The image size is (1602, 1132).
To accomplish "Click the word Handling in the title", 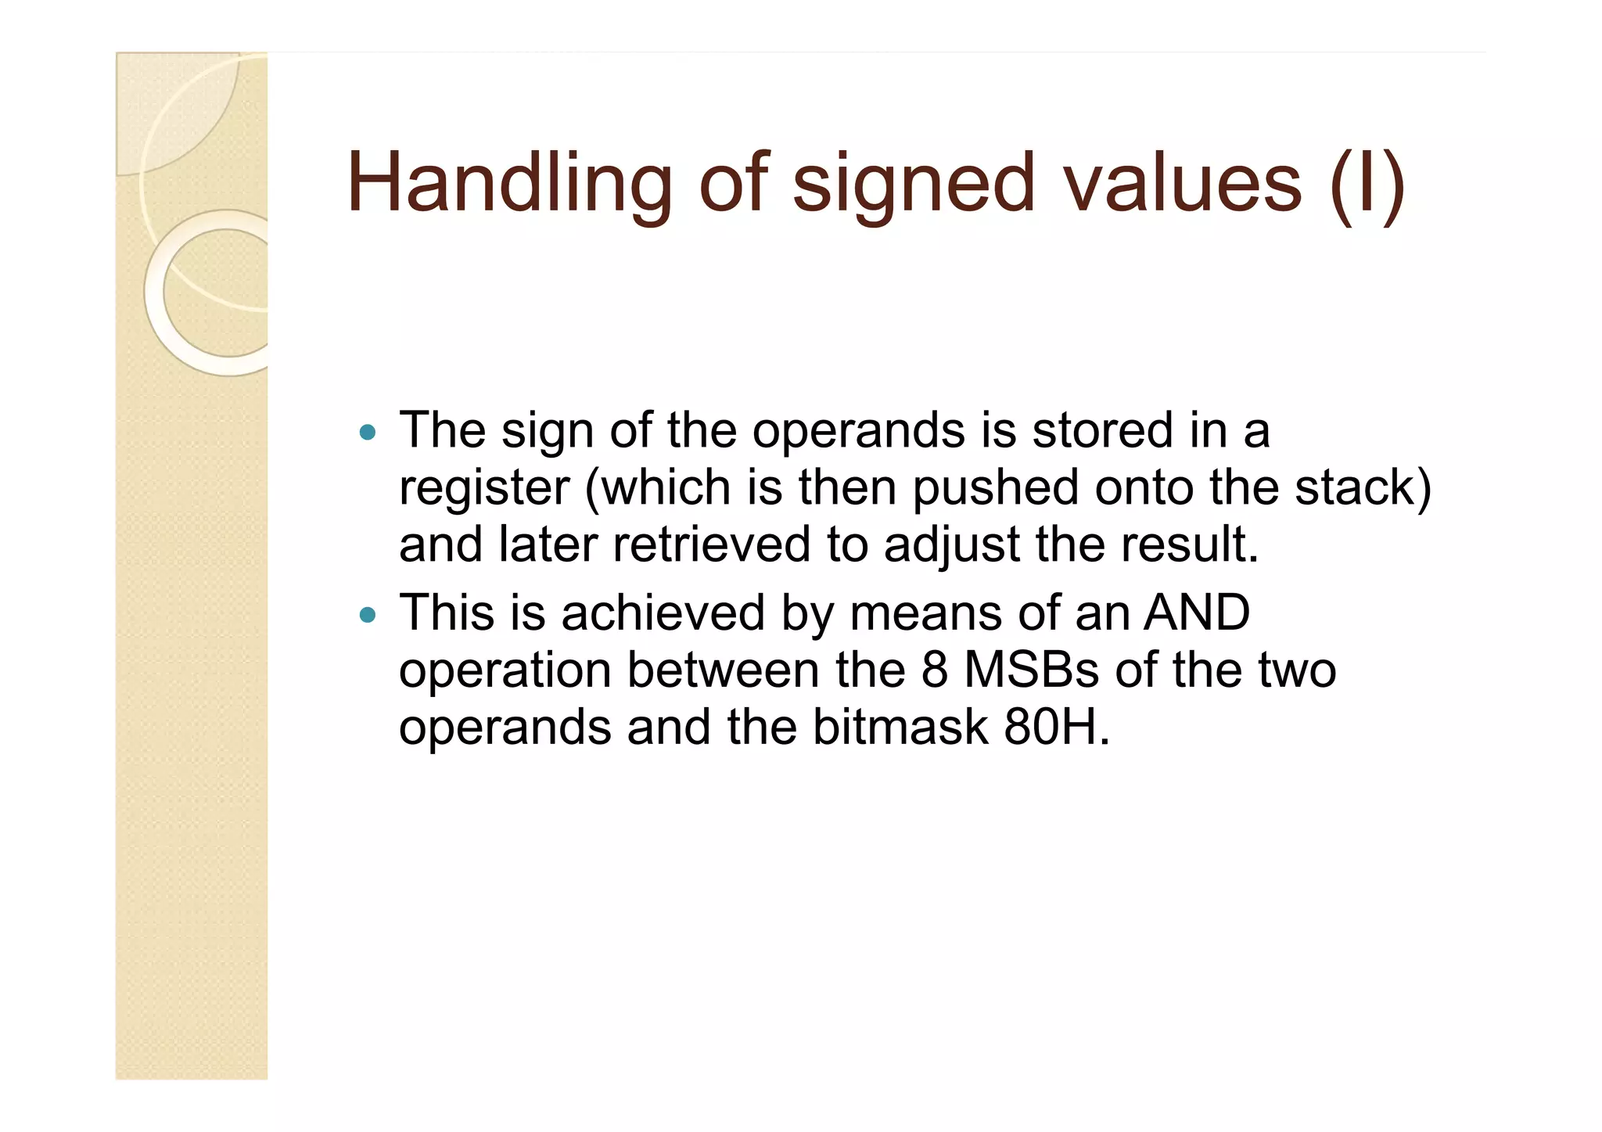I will tap(509, 184).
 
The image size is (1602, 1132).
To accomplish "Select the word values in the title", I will tap(1182, 184).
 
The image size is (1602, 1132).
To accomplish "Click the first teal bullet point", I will tap(367, 432).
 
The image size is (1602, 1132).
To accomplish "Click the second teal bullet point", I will tap(367, 615).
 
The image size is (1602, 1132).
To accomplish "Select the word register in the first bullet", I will tap(484, 488).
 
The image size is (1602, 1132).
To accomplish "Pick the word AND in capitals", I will tap(1197, 613).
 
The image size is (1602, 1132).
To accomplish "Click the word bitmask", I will tap(900, 727).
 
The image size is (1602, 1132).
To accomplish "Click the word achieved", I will tap(663, 613).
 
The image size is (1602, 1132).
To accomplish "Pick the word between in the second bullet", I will tap(723, 670).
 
